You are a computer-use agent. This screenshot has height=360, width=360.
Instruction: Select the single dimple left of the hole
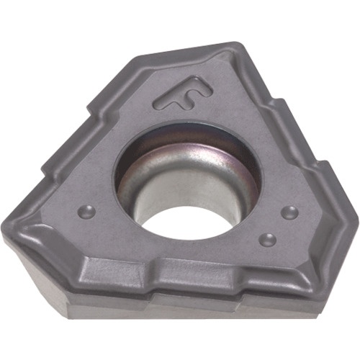[87, 212]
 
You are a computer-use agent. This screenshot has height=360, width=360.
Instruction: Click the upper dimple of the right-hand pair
[289, 212]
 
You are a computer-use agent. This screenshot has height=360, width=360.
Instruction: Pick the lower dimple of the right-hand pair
[269, 239]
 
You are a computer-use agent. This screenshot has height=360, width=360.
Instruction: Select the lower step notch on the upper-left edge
[45, 171]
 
